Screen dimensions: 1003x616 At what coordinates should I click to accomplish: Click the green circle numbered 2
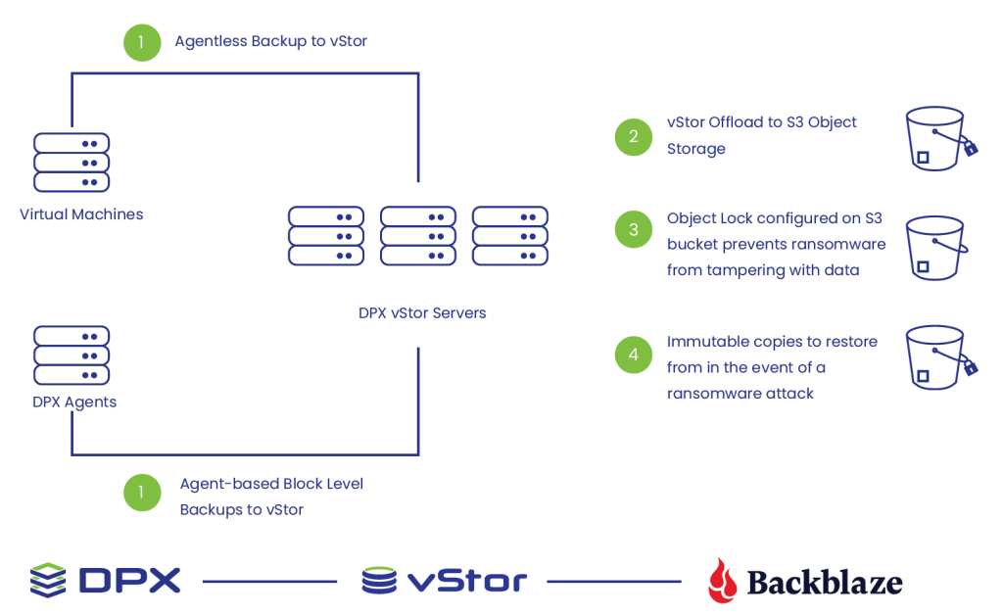[634, 137]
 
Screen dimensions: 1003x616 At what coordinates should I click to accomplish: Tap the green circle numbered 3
[634, 229]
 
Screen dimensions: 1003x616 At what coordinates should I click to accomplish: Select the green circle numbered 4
[634, 355]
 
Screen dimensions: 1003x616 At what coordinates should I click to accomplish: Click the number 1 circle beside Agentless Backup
[142, 43]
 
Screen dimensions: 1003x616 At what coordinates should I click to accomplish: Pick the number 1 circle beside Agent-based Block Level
[142, 493]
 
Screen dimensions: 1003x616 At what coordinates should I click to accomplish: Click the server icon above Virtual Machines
[72, 163]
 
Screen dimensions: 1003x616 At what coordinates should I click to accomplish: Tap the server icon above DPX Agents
[72, 355]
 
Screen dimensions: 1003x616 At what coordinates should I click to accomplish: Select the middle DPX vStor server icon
[418, 235]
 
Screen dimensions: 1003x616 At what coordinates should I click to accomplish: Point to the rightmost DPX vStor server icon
[509, 235]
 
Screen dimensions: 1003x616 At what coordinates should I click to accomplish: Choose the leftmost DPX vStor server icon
[326, 235]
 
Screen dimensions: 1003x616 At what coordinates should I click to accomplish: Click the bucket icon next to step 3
[936, 248]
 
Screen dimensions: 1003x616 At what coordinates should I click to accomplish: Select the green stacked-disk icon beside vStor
[379, 580]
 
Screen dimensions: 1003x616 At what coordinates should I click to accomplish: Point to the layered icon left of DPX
[48, 580]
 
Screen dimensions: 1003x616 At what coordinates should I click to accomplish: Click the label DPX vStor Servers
[422, 312]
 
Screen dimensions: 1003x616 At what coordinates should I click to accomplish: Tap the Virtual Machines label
[81, 214]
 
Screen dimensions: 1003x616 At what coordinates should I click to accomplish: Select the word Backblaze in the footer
[825, 582]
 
